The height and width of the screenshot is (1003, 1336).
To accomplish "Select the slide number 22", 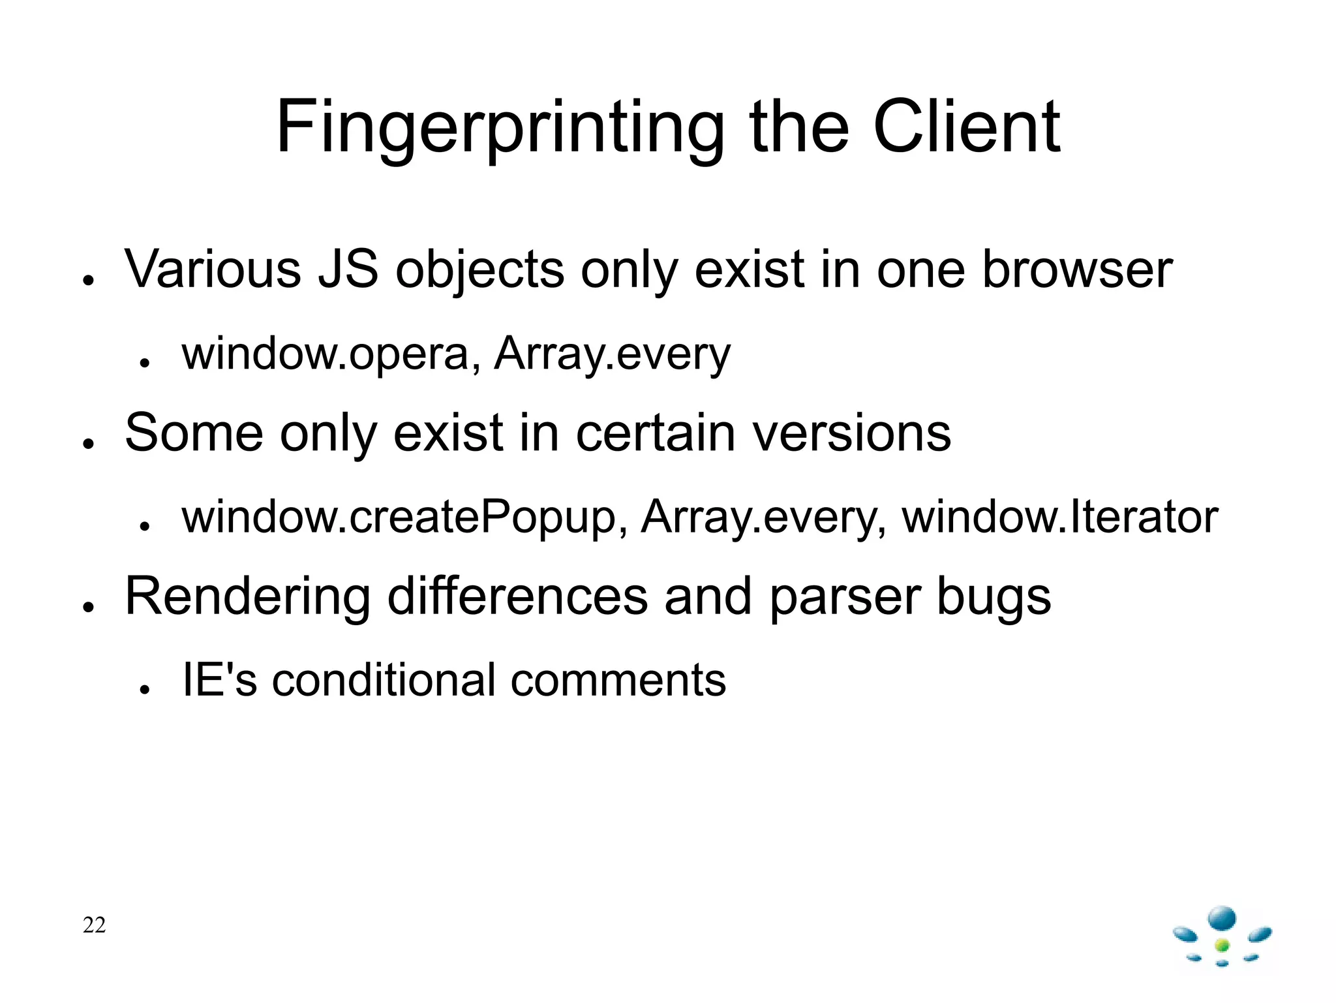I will coord(94,925).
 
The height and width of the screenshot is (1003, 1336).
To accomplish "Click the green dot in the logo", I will coord(1222,946).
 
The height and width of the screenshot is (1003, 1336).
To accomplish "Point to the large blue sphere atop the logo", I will coord(1222,918).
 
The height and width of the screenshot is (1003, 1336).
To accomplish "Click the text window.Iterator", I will coord(1059,517).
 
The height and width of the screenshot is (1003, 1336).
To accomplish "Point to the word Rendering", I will coord(248,596).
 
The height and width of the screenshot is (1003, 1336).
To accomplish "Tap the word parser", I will coord(845,596).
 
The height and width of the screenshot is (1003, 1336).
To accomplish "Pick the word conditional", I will coord(384,680).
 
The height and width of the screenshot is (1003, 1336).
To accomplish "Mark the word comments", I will coord(618,680).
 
